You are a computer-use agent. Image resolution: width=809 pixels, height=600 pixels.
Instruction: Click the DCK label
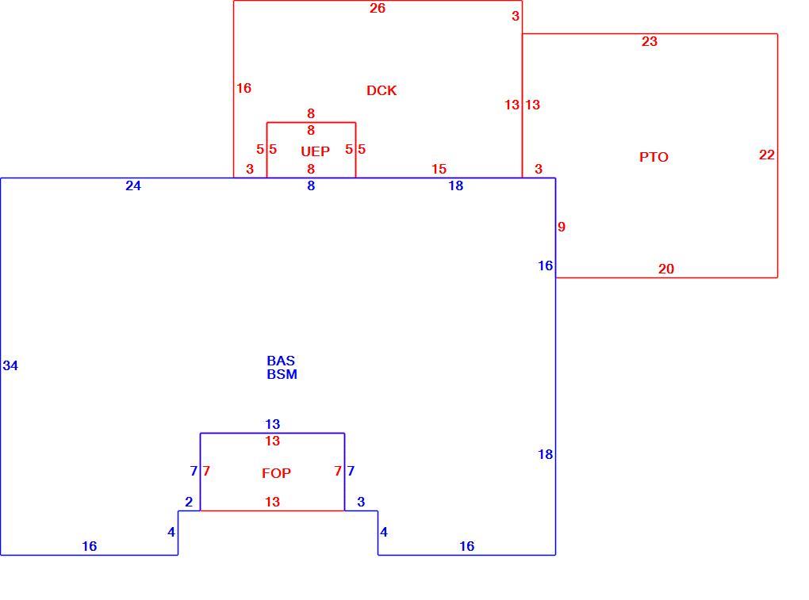pos(381,90)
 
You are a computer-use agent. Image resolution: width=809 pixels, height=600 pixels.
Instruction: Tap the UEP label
pos(315,151)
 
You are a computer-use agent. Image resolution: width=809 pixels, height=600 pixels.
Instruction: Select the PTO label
pos(654,157)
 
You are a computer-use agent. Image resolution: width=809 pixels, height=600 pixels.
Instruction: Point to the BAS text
pos(281,361)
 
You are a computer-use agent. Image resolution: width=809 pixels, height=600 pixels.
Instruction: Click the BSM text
pos(282,374)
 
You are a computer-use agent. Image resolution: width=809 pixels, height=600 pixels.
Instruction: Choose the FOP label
pos(276,473)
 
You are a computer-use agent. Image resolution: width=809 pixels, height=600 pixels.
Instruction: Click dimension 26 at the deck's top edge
pos(378,8)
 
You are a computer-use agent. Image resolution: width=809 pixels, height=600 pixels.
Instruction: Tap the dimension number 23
pos(649,42)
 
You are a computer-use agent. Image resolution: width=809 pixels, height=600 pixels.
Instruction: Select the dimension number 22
pos(767,155)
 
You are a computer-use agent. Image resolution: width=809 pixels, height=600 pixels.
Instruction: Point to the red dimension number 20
pos(666,269)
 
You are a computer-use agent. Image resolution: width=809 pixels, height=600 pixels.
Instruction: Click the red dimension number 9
pos(562,227)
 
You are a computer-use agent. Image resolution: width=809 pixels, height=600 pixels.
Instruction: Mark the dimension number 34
pos(10,366)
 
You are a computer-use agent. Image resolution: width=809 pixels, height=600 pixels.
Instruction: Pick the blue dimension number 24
pos(133,186)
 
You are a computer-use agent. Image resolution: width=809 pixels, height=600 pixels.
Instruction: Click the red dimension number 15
pos(439,169)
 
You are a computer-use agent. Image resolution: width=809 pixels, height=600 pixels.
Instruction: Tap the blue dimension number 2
pos(189,502)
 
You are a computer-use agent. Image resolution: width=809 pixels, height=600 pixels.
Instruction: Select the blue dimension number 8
pos(311,186)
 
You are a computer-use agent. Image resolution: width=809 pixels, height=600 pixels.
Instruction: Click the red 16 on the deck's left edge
pos(243,89)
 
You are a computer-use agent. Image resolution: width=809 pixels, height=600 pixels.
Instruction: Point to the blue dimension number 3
pos(361,502)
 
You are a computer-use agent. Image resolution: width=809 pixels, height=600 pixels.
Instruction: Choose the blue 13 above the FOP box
pos(272,424)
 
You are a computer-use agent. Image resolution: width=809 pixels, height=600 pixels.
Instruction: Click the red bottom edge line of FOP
pos(272,510)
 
